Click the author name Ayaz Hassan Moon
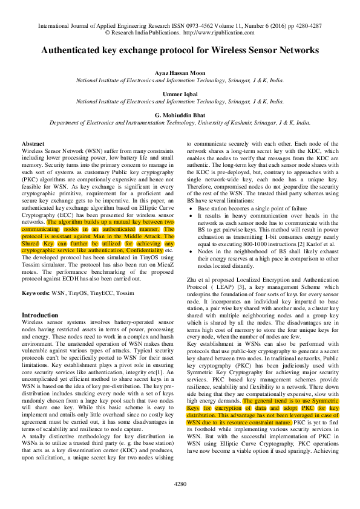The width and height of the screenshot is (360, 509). pyautogui.click(x=180, y=72)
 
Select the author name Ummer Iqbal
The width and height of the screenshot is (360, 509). pyautogui.click(x=180, y=94)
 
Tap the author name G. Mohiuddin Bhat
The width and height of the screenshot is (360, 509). pyautogui.click(x=180, y=115)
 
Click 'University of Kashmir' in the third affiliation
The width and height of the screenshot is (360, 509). pyautogui.click(x=228, y=122)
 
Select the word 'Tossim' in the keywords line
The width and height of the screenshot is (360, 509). pyautogui.click(x=125, y=293)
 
